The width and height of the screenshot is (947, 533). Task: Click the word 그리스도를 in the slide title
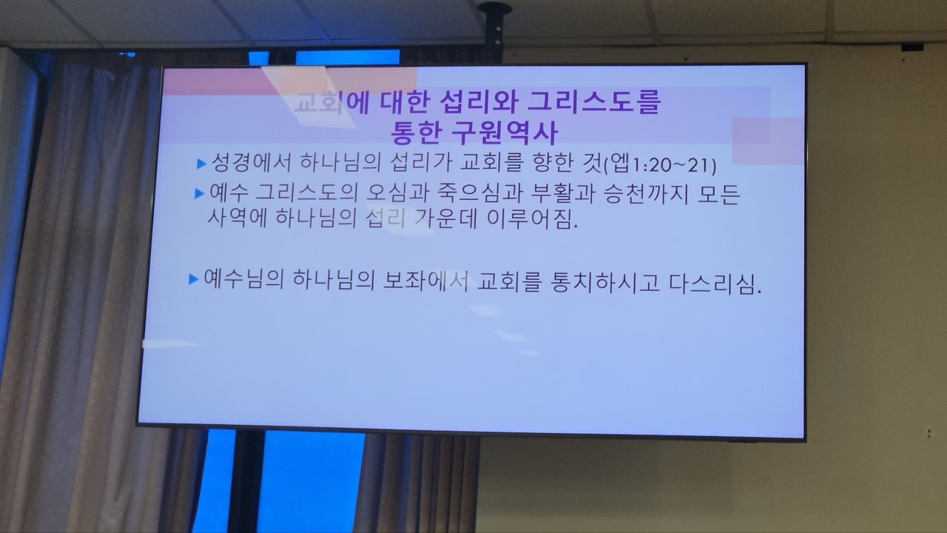(x=593, y=102)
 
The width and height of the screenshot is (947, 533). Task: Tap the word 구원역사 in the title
(x=505, y=133)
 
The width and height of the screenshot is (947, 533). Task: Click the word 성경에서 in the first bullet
(x=251, y=162)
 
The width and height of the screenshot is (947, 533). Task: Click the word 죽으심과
(x=481, y=193)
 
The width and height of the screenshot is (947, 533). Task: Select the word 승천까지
(x=646, y=193)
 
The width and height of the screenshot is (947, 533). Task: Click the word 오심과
(x=398, y=193)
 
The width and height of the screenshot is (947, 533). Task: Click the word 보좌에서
(x=425, y=281)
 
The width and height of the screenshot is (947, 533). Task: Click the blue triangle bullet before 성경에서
(x=202, y=164)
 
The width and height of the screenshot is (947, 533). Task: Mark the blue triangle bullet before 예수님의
(x=193, y=279)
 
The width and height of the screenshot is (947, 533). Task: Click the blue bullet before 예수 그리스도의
(x=199, y=194)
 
